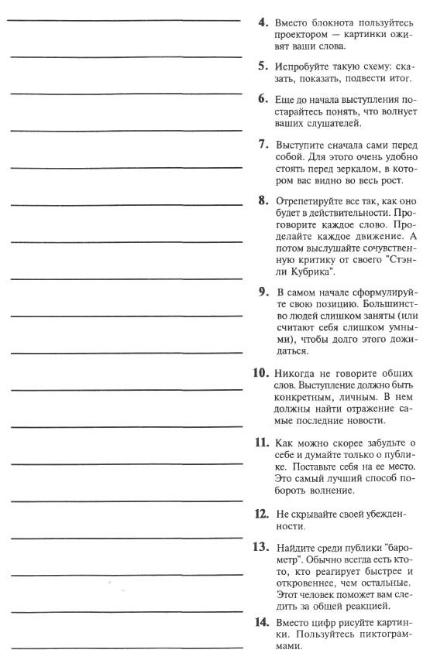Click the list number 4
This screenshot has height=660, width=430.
click(x=263, y=23)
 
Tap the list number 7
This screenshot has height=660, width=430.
click(x=263, y=145)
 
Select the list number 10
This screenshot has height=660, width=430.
click(x=260, y=372)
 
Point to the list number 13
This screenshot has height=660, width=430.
click(x=261, y=547)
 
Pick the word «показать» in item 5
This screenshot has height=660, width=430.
click(x=319, y=78)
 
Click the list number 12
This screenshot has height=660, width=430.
click(x=261, y=514)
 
